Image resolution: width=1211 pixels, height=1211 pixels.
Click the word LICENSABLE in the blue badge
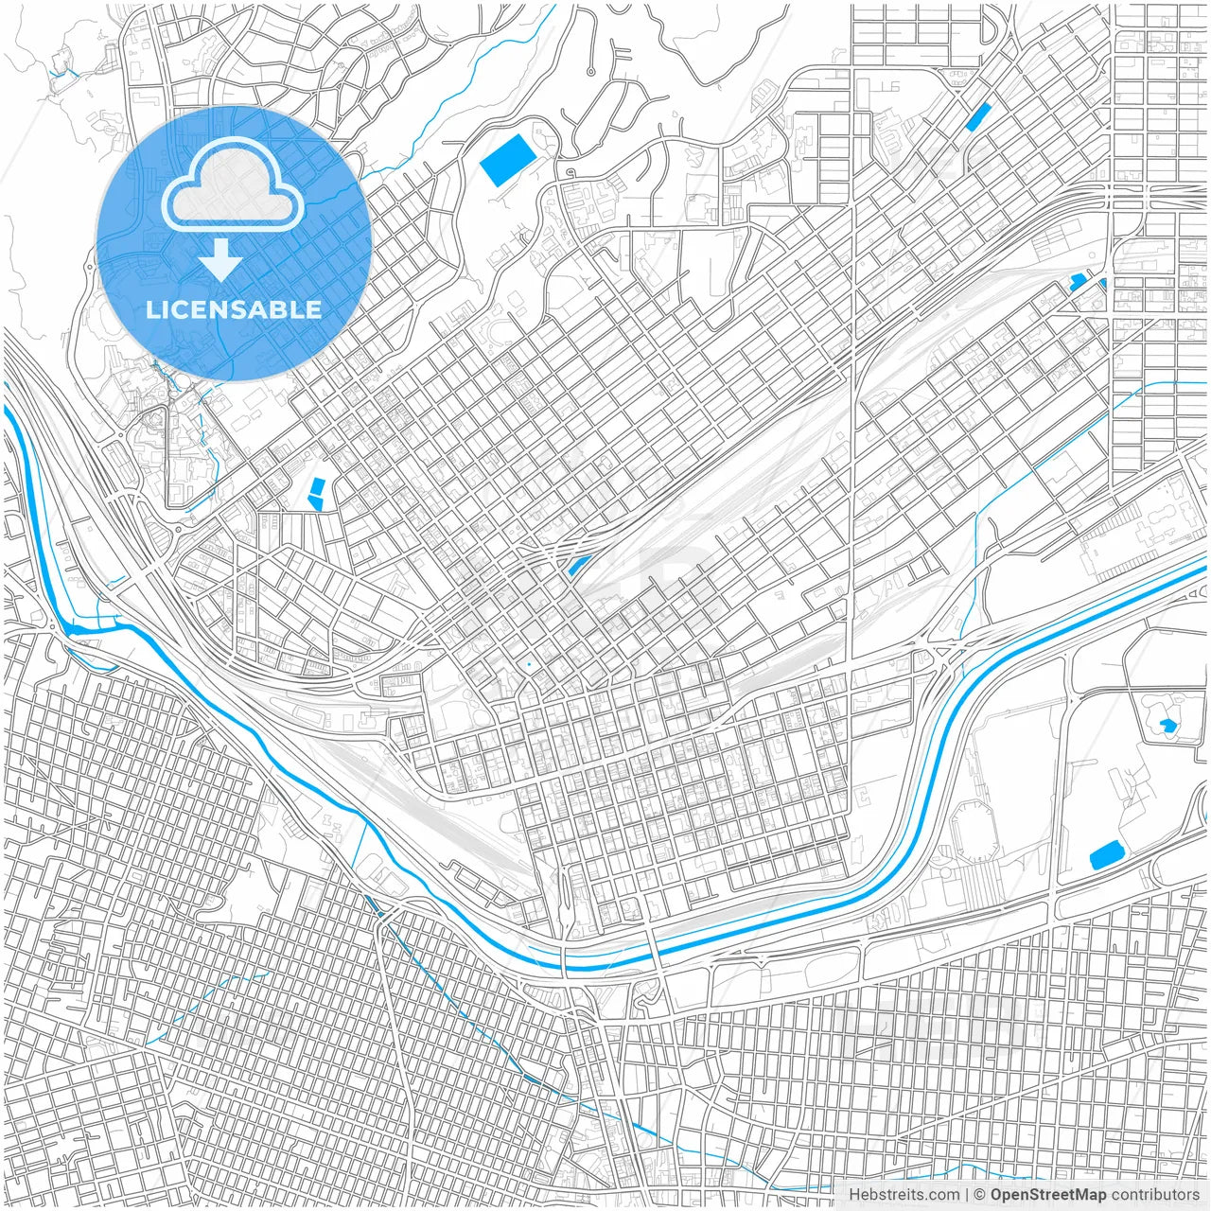pos(234,309)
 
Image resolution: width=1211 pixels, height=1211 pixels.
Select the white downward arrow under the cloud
pos(220,259)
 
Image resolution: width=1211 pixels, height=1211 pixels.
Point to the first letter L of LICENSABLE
pos(151,309)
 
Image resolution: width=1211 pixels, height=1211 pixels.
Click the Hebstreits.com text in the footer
pos(903,1195)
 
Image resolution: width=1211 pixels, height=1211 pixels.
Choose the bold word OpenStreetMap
pos(1048,1195)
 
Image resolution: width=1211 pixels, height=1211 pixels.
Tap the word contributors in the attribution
pos(1155,1195)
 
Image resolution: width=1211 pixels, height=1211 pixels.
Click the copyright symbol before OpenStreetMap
pos(980,1195)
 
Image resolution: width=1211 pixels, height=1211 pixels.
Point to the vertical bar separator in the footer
pos(966,1195)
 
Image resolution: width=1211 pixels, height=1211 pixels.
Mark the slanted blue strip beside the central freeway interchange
pos(575,566)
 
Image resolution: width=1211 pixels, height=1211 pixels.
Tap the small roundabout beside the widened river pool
pos(50,624)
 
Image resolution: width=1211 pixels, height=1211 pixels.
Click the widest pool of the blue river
pos(80,627)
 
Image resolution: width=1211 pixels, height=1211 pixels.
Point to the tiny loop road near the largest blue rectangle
pos(570,172)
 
